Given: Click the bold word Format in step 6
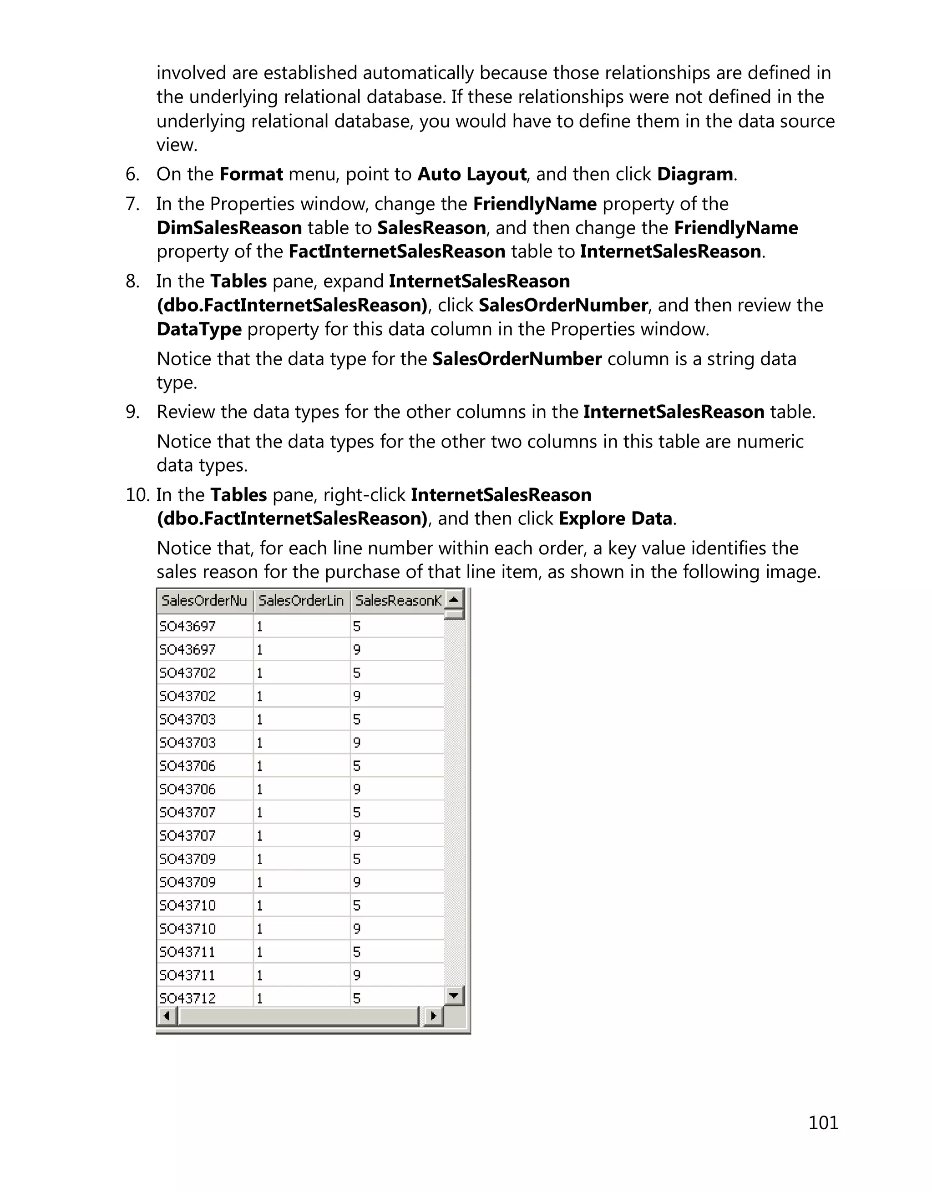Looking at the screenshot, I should (x=251, y=174).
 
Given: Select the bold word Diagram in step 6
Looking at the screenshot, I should (x=694, y=174).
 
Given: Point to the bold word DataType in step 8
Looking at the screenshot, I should (x=199, y=329).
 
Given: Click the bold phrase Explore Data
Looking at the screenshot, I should (x=615, y=518).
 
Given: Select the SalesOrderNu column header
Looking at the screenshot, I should (x=204, y=600).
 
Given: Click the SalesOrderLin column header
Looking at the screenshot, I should (x=301, y=600).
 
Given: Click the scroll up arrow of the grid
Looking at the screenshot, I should (x=454, y=599).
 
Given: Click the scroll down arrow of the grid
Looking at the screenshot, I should (x=454, y=996).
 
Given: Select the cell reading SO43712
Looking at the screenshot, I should (x=187, y=998).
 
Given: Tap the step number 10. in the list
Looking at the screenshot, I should (x=137, y=494).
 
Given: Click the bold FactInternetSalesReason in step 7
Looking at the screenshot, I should (x=396, y=251).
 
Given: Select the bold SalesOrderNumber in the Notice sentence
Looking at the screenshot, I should (x=517, y=359).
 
